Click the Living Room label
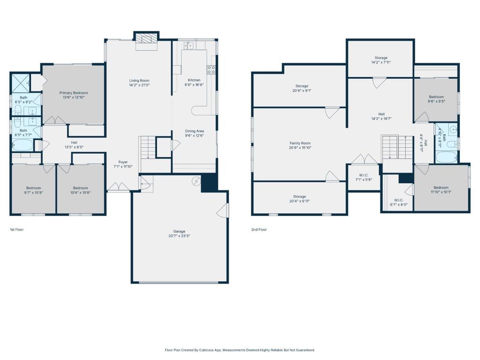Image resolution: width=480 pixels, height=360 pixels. [139, 81]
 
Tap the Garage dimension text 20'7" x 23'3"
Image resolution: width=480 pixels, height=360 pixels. [180, 236]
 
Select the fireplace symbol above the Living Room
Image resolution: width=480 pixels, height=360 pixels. [147, 38]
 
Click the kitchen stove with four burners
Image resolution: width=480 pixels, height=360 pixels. [211, 70]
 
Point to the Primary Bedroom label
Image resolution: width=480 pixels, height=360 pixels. [74, 93]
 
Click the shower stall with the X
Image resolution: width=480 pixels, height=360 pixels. [21, 82]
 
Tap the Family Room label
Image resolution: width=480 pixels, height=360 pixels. [300, 143]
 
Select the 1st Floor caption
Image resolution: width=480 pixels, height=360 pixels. [17, 230]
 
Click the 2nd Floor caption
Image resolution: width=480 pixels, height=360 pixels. [259, 230]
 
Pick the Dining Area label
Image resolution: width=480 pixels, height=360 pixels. [195, 131]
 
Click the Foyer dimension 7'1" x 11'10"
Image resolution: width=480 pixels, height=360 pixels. [123, 166]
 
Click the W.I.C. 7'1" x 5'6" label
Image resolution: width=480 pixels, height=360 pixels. [364, 178]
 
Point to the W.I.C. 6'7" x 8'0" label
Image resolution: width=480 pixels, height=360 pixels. [398, 202]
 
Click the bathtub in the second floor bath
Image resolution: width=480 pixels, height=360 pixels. [446, 157]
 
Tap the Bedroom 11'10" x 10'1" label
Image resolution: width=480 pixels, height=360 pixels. [441, 190]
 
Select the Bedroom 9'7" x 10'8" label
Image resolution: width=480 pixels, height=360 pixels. [34, 190]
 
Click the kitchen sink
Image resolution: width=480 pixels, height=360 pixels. [188, 45]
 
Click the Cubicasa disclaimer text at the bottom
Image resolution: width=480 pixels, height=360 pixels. [240, 350]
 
